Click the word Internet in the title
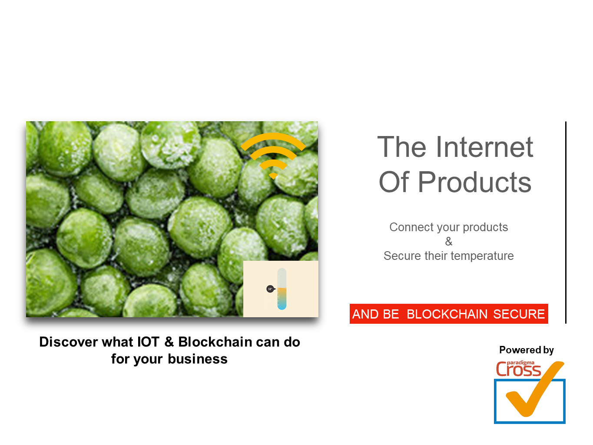[484, 147]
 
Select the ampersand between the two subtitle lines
[448, 241]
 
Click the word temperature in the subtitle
[482, 256]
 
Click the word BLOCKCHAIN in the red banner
[447, 314]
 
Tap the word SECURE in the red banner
[519, 314]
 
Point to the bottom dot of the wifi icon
[273, 176]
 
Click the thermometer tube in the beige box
[282, 289]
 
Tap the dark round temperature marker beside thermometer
[270, 289]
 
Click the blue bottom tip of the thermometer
[282, 307]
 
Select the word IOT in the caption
[148, 342]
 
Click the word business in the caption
[198, 359]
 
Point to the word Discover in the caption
[69, 342]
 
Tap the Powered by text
[526, 350]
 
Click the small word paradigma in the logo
[520, 363]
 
